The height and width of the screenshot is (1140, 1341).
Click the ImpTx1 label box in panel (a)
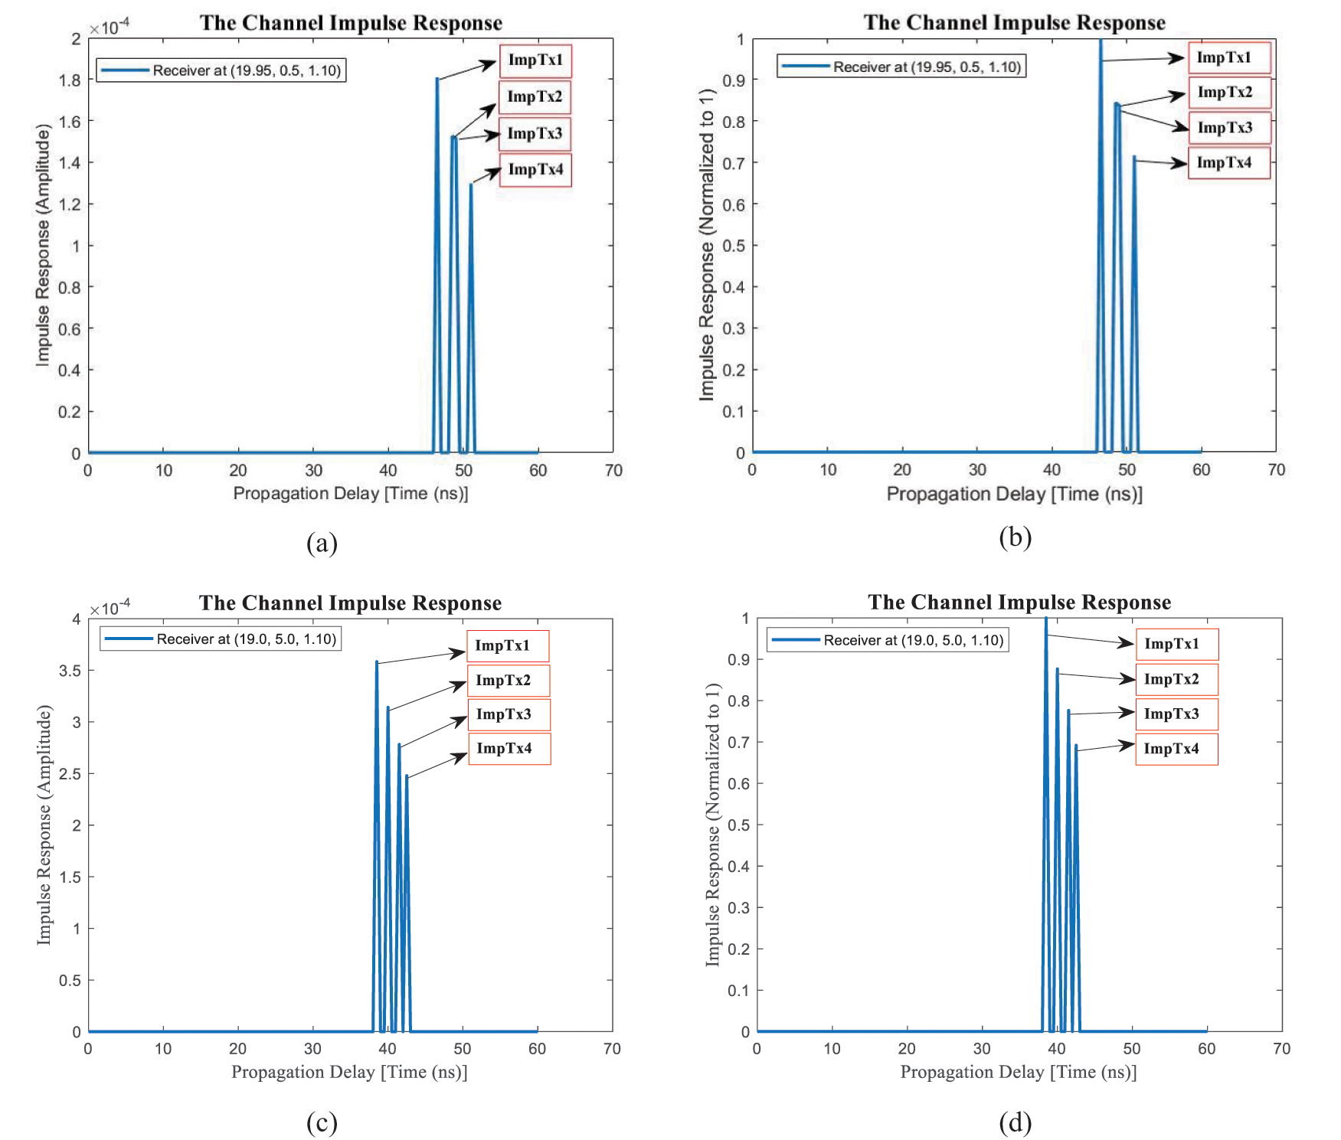(x=535, y=60)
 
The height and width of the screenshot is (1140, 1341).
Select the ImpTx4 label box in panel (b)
(x=1228, y=163)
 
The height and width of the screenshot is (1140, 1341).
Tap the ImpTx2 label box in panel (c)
(x=508, y=681)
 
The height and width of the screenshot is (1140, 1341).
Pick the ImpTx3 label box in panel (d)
(x=1176, y=714)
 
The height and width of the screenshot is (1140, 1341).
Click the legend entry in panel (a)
(x=221, y=70)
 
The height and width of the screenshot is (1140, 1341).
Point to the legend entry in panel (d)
(x=888, y=640)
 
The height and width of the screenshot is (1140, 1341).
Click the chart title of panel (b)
(x=1014, y=23)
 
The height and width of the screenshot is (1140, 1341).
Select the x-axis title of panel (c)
(x=349, y=1072)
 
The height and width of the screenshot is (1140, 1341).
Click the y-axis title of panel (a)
(x=43, y=245)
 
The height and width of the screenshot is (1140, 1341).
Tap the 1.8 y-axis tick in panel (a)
(x=70, y=80)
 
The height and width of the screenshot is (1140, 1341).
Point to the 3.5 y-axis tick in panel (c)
(x=70, y=671)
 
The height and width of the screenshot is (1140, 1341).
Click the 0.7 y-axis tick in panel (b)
(x=734, y=163)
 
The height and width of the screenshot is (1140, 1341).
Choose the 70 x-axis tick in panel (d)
(x=1281, y=1049)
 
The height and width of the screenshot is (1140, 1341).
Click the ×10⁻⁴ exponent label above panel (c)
(x=110, y=609)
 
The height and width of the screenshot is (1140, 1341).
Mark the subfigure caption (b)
(x=1015, y=537)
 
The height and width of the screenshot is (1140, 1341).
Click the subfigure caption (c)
(x=322, y=1122)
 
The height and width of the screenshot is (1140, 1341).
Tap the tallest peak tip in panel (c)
(x=377, y=662)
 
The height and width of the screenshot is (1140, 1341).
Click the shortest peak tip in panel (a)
(x=471, y=185)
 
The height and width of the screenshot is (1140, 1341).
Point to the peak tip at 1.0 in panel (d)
(x=1046, y=619)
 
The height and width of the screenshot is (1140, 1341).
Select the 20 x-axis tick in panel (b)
(x=902, y=470)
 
